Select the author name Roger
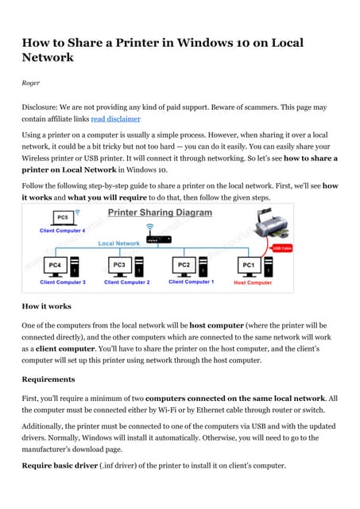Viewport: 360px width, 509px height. tap(30, 80)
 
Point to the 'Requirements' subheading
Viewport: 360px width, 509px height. tap(48, 379)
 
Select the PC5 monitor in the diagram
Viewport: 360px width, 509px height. tap(61, 217)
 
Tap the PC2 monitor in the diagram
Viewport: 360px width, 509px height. tap(184, 264)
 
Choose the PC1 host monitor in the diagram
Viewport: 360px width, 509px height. tap(248, 264)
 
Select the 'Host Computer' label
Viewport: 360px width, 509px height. tap(253, 282)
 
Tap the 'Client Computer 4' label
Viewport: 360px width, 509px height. tap(63, 231)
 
